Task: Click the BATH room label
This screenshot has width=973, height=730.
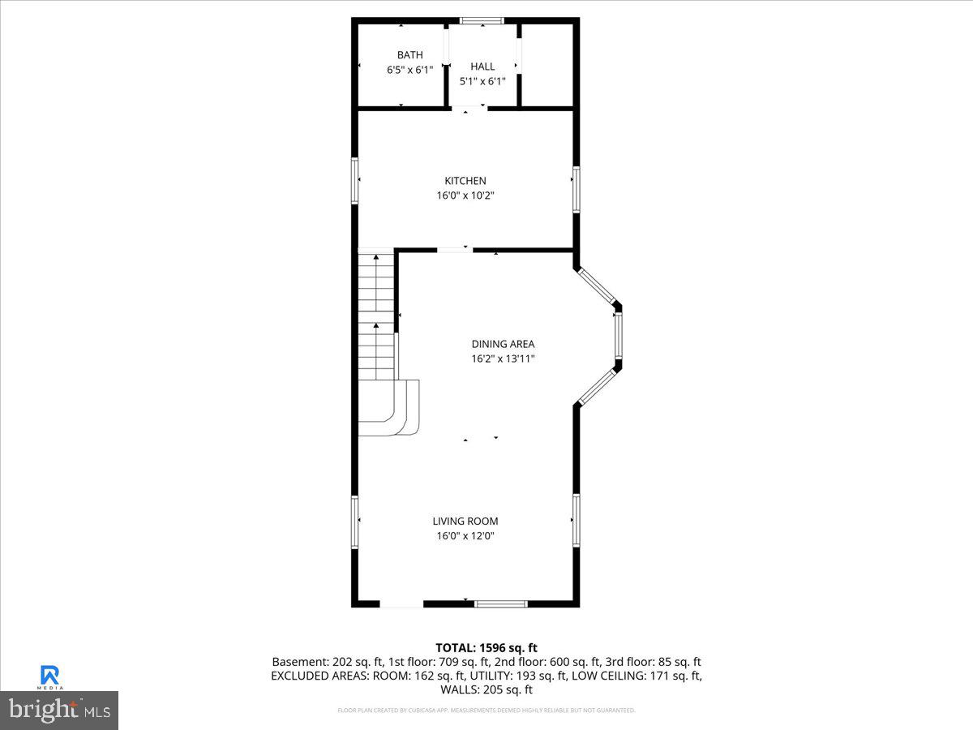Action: click(x=409, y=55)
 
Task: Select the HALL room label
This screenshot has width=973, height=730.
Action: click(x=482, y=67)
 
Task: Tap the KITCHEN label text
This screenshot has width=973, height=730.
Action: click(x=465, y=181)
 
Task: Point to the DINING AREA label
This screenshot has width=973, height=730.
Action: click(x=503, y=344)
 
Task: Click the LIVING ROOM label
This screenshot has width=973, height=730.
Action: click(x=465, y=522)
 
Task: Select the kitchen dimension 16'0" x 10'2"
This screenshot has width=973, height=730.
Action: click(x=465, y=195)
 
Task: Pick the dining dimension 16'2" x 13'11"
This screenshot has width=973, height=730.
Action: click(x=503, y=359)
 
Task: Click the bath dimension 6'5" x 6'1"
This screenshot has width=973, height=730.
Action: click(x=409, y=70)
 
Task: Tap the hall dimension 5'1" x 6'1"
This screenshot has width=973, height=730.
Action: click(x=482, y=81)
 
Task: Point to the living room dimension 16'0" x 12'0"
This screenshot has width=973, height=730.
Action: click(x=465, y=536)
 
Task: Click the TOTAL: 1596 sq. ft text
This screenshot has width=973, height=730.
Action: click(x=486, y=647)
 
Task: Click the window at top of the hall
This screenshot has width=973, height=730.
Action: click(x=482, y=20)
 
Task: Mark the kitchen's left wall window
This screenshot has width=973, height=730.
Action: click(x=354, y=180)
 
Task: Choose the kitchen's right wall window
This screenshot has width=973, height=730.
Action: click(x=576, y=189)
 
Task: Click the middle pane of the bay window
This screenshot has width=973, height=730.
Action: click(x=618, y=336)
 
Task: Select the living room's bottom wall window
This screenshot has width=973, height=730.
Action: click(x=501, y=603)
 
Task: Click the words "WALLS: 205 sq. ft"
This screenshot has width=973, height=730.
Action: click(x=486, y=690)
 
